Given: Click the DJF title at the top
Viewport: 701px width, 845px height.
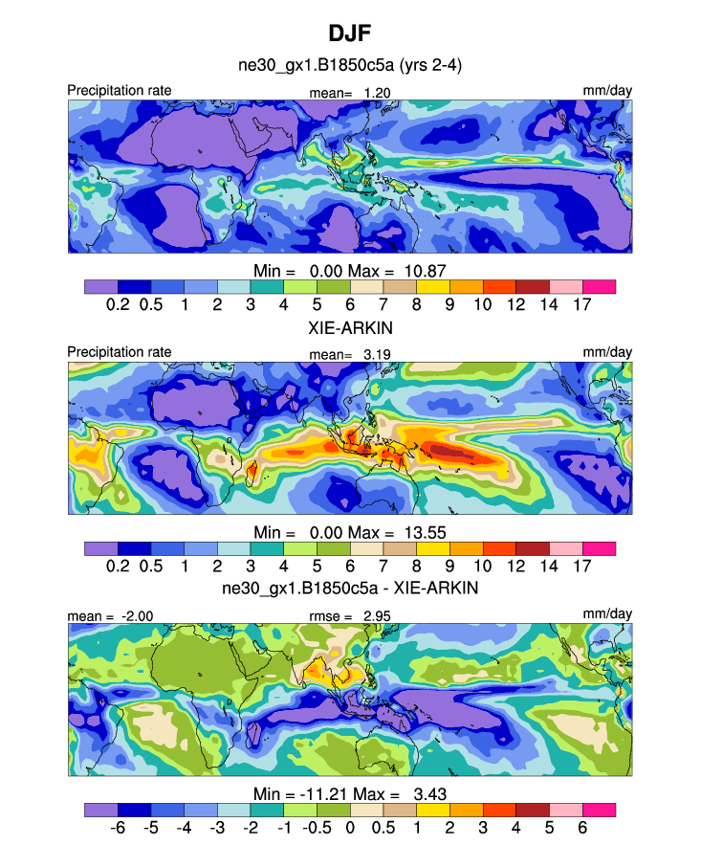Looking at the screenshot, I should (x=349, y=33).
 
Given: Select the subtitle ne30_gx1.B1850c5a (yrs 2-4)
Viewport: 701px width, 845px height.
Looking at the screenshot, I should (x=349, y=66).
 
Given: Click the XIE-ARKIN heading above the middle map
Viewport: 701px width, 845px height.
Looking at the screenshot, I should (x=349, y=327).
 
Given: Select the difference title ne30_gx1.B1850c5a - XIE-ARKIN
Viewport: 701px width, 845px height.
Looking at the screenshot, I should (x=349, y=588).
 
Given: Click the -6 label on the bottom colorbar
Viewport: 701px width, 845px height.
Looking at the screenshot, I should (x=118, y=827).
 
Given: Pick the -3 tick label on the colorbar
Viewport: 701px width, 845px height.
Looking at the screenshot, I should (x=217, y=827).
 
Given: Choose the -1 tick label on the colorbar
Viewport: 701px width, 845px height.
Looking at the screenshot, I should (x=283, y=827).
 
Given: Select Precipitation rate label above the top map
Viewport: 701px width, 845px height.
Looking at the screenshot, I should (x=120, y=91).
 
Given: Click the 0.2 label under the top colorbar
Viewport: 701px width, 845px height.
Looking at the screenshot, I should (x=118, y=303).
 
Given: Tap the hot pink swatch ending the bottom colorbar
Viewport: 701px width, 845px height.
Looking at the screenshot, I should (x=599, y=810).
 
